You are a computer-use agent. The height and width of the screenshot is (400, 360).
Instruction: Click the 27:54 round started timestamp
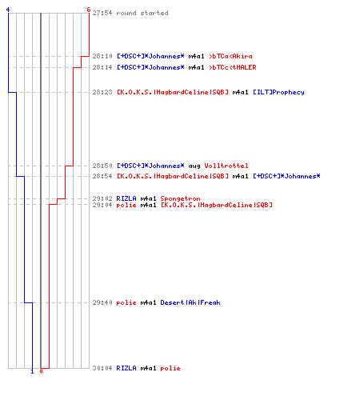click(x=102, y=13)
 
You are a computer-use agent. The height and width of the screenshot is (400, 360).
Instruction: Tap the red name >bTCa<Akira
click(x=230, y=56)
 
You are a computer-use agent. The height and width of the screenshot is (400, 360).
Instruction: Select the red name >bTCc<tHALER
click(x=233, y=67)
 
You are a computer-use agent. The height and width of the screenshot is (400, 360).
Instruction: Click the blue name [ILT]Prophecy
click(x=278, y=92)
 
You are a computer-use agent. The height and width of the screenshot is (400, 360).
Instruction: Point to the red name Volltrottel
click(x=226, y=166)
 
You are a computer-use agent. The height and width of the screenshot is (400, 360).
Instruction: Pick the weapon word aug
click(x=194, y=166)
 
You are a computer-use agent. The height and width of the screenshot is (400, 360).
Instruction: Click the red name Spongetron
click(x=180, y=198)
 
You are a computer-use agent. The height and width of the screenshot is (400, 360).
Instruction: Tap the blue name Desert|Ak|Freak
click(x=190, y=302)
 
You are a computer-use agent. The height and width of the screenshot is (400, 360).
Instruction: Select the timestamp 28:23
click(x=102, y=92)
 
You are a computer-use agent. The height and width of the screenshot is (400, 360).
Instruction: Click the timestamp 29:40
click(x=102, y=302)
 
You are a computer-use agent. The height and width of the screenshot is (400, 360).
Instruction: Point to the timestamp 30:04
click(x=102, y=368)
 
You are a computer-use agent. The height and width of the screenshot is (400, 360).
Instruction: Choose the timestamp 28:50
click(x=102, y=166)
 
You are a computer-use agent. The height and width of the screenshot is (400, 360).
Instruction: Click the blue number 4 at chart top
click(x=8, y=10)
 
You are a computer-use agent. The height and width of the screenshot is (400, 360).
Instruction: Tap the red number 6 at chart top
click(x=89, y=10)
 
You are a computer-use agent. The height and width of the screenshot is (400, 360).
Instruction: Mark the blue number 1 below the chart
click(x=32, y=371)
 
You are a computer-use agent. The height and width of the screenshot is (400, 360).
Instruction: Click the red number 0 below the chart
click(x=41, y=371)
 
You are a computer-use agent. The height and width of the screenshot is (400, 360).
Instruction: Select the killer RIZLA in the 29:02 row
click(x=126, y=198)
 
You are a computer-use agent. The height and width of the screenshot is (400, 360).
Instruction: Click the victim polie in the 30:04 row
click(x=170, y=368)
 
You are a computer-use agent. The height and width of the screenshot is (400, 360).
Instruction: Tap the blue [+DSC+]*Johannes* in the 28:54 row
click(x=286, y=176)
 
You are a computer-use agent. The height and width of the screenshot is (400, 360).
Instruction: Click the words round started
click(x=142, y=13)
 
